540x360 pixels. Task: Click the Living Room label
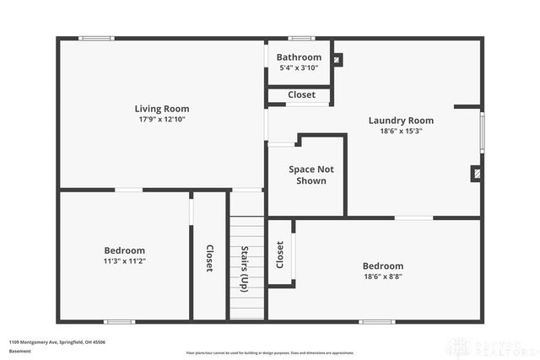[162, 108]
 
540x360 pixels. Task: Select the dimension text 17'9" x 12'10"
[162, 120]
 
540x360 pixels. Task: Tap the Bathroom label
[299, 57]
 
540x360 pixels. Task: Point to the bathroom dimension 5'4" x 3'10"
[299, 68]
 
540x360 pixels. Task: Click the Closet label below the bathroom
[301, 95]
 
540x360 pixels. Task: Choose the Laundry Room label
[401, 120]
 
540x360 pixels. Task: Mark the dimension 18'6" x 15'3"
[401, 132]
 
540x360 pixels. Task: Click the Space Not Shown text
[307, 175]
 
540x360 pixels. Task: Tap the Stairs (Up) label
[244, 269]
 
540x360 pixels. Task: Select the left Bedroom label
[125, 250]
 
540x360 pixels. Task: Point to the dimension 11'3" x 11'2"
[125, 262]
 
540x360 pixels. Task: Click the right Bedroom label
[383, 266]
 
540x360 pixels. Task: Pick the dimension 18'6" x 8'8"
[383, 277]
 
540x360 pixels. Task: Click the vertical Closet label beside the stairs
[208, 258]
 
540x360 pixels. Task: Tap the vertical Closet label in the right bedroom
[279, 255]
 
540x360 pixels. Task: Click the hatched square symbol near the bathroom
[338, 60]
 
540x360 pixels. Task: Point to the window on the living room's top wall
[96, 38]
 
